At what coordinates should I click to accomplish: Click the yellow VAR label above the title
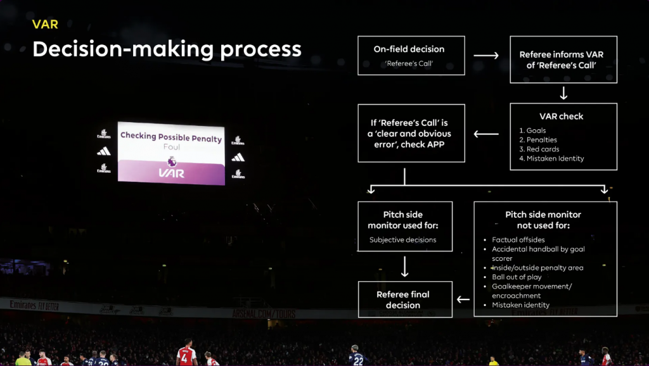pos(45,25)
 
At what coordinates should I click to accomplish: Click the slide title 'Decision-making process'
pos(167,49)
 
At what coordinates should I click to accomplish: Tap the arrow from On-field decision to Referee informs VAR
pos(486,56)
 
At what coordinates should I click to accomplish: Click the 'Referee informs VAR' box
pos(563,60)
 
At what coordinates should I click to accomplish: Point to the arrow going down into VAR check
pos(563,93)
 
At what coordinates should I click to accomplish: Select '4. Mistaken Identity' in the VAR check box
pos(551,158)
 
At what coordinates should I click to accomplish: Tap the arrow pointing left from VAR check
pos(486,134)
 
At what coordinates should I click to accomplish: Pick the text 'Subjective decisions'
pos(402,240)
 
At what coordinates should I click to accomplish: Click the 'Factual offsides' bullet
pos(518,240)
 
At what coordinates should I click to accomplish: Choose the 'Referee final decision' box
pos(405,300)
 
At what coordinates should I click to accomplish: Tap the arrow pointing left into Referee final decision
pos(463,300)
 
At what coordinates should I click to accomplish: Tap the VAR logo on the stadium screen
pos(172,169)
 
